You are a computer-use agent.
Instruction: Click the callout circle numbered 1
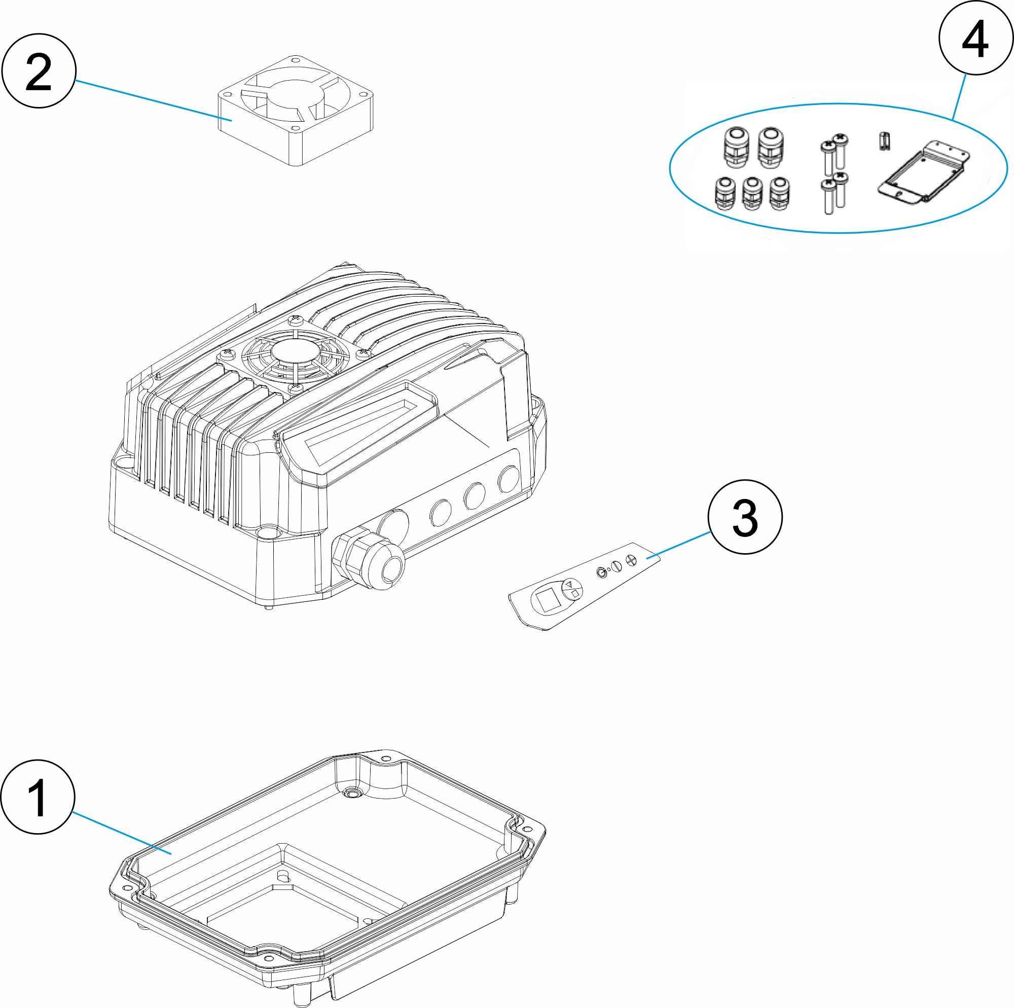38,797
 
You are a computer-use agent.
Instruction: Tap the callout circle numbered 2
39,71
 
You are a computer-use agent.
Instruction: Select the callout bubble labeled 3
745,517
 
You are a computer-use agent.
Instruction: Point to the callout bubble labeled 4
975,38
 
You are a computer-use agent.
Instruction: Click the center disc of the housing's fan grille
295,351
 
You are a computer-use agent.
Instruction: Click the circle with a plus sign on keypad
631,560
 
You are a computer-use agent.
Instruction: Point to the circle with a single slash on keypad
617,566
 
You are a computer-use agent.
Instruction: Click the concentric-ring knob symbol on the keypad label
601,572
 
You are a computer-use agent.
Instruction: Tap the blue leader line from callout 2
152,100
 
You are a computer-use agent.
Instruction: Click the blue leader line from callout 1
121,832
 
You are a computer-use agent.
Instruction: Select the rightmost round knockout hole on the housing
508,479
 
